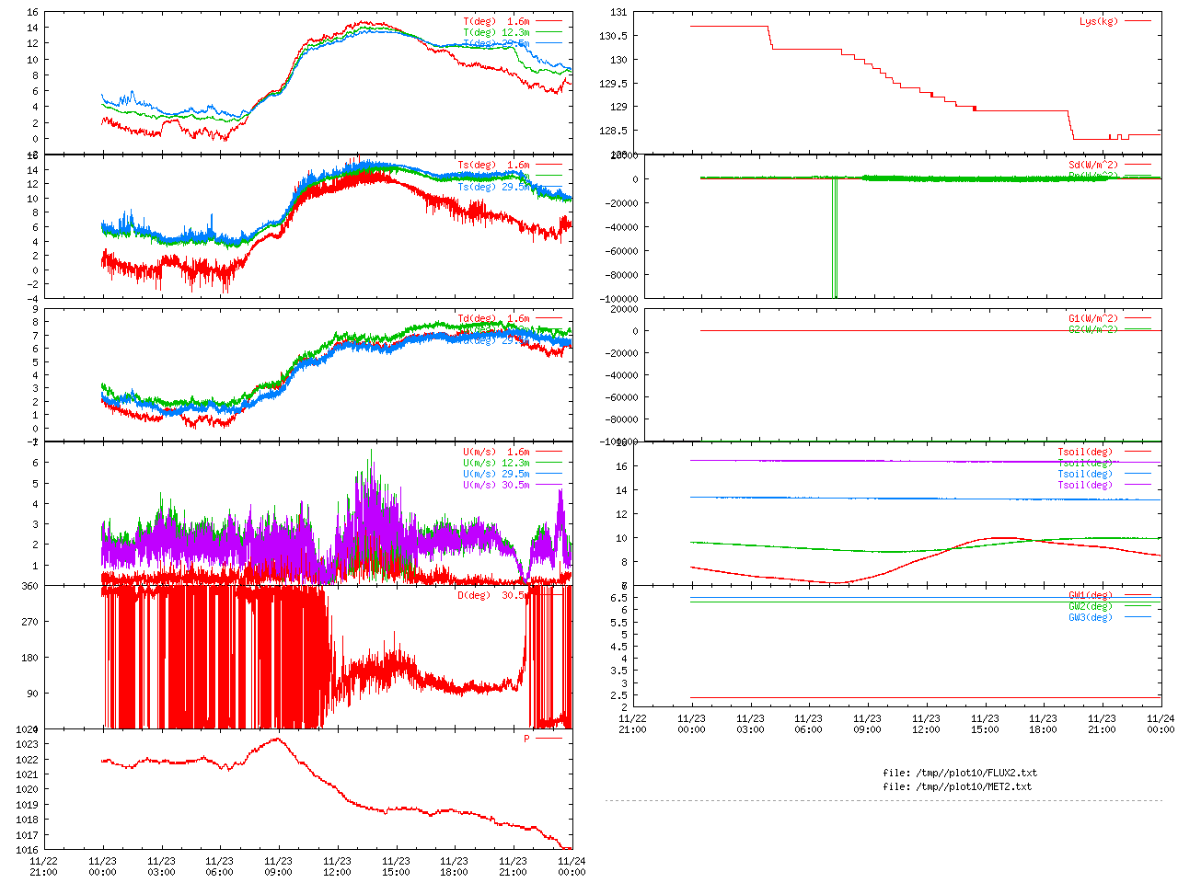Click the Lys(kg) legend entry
(1098, 21)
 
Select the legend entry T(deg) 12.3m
(496, 32)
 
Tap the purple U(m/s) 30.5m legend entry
(496, 485)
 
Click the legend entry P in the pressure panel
(527, 739)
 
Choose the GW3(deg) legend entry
(1090, 617)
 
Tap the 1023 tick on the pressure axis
(27, 744)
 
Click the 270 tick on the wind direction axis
(29, 622)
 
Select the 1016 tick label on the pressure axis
(27, 850)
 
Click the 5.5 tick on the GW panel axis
(618, 635)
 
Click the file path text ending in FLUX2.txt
(959, 773)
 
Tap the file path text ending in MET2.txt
(957, 786)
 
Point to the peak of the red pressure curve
(278, 740)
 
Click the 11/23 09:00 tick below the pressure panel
(278, 866)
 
